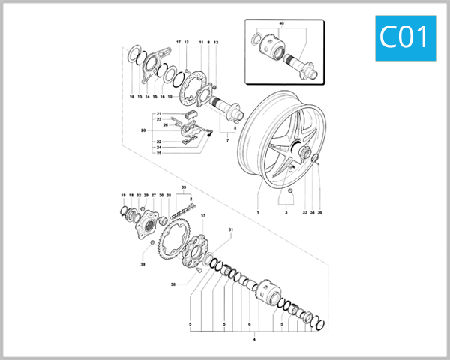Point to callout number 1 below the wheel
tap(257, 213)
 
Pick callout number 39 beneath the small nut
tap(142, 265)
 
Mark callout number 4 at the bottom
tap(255, 340)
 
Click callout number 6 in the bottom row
tap(249, 324)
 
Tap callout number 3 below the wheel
tap(285, 213)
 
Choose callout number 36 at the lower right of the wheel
tap(319, 213)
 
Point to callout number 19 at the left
tap(123, 195)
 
